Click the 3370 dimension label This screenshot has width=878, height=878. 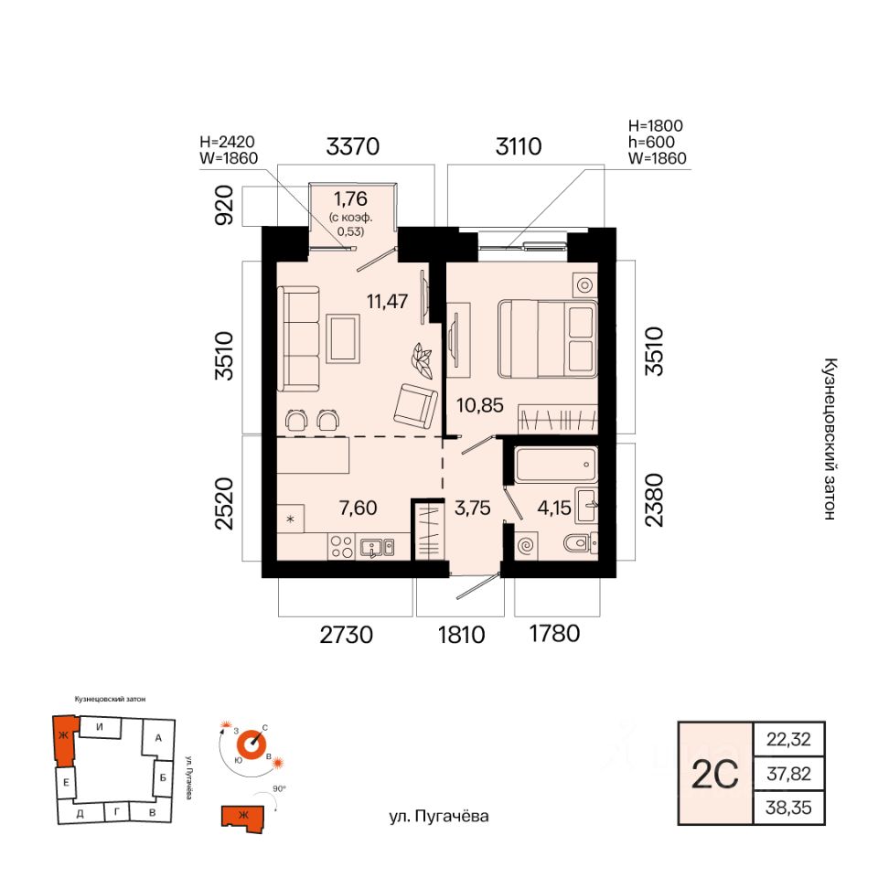click(353, 146)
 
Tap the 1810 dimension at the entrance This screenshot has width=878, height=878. click(461, 635)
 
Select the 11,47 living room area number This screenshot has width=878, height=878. click(387, 301)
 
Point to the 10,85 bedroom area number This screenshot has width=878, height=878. click(480, 405)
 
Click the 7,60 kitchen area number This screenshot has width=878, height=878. click(358, 508)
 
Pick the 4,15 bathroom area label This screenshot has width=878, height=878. click(554, 508)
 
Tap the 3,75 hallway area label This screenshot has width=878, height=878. click(473, 508)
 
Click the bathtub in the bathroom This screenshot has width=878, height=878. click(557, 465)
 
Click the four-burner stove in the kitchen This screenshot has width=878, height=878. click(341, 547)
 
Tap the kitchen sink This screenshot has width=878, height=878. click(377, 547)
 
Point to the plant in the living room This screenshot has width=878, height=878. click(422, 360)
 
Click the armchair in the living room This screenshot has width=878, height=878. click(415, 404)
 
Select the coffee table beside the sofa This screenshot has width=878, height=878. click(343, 338)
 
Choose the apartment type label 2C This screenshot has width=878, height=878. click(715, 775)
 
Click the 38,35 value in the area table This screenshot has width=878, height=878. click(788, 808)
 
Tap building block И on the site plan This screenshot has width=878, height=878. click(100, 727)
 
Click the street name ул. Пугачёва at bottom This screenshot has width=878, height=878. click(438, 817)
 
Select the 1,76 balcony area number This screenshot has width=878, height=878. click(350, 198)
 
